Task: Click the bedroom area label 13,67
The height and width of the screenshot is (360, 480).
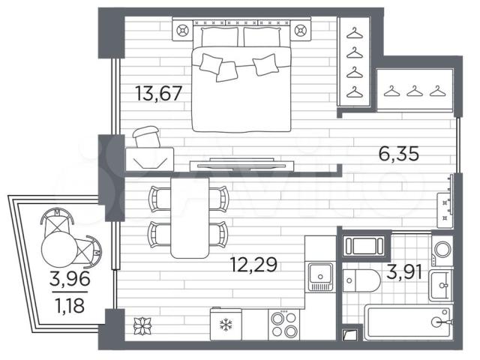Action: coord(158,93)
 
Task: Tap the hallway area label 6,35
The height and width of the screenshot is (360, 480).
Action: coord(398,154)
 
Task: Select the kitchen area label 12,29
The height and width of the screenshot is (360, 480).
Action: coord(253,265)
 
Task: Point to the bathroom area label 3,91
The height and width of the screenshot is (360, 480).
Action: coord(404,271)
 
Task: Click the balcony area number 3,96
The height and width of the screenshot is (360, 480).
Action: coord(70,278)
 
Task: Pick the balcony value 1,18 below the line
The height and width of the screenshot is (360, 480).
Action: coord(70,305)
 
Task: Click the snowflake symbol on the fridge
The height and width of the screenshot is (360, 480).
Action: coord(226,325)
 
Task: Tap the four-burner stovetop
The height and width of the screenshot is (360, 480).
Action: coord(284,325)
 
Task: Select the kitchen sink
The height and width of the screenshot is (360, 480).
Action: coord(320,277)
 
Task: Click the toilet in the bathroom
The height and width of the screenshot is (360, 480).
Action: coord(361,280)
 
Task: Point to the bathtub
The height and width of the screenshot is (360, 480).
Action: coord(409,322)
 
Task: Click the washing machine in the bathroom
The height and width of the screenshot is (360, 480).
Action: coord(442,250)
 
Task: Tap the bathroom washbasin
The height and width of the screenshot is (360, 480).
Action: coord(441,285)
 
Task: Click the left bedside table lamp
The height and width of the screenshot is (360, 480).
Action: coord(183,31)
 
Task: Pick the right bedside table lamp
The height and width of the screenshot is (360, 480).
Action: coord(300,31)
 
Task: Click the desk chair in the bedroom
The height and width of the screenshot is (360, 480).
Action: coord(147,136)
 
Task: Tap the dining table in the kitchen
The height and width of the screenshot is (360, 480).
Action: coord(190,217)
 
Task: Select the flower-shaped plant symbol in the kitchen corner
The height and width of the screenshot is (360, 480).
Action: coord(142,326)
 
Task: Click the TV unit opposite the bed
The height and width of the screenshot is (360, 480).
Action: coord(241,165)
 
